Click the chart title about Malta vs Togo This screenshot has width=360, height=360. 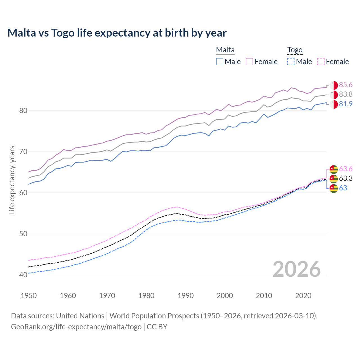click(x=117, y=33)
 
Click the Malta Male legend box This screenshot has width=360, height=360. click(x=220, y=62)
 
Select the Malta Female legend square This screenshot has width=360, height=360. click(x=249, y=62)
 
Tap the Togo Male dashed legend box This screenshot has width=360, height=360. click(x=291, y=62)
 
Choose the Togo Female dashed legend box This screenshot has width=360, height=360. click(x=321, y=62)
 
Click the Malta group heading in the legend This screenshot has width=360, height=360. click(x=225, y=50)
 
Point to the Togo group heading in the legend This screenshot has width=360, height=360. click(x=294, y=50)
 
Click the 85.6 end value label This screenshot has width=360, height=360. click(x=346, y=85)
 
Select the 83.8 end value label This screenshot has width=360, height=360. click(x=346, y=94)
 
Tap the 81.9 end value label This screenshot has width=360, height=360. click(x=346, y=104)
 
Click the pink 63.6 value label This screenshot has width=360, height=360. click(x=346, y=169)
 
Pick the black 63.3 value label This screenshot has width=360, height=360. click(x=346, y=179)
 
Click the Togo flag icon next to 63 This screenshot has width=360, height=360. click(x=334, y=188)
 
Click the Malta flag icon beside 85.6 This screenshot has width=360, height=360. click(x=334, y=85)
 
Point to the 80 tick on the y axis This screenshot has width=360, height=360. click(x=23, y=111)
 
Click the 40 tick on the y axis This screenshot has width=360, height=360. click(x=23, y=275)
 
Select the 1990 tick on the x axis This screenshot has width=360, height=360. click(x=186, y=296)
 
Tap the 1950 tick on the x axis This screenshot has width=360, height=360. click(x=29, y=296)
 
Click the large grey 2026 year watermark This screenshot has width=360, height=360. click(x=296, y=269)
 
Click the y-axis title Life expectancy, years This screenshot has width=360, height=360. click(x=12, y=180)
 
